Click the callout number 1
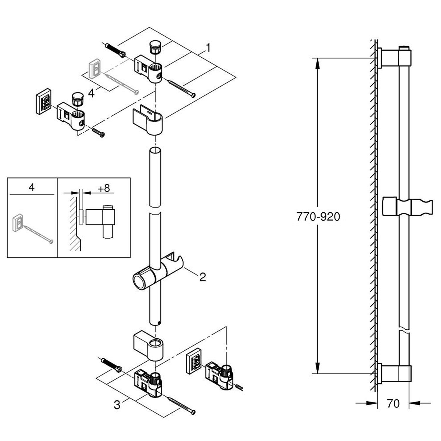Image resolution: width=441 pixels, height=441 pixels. point(208,48)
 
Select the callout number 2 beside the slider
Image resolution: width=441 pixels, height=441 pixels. point(203,277)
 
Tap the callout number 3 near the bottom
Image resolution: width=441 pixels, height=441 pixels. point(117,405)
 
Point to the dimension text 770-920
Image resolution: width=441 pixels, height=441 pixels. point(318,217)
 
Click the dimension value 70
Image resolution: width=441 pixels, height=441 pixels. point(393,404)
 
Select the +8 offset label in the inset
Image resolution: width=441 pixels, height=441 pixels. point(104,188)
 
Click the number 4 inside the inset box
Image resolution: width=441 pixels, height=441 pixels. point(32,187)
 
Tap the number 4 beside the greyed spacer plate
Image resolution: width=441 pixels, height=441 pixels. point(91,93)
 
